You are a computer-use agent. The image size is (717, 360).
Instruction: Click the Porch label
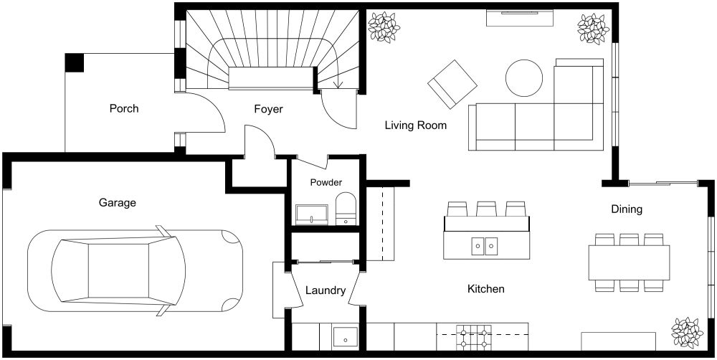tap(124, 109)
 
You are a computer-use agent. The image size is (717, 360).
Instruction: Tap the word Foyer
tap(268, 110)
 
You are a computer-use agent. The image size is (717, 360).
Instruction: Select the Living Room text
tap(416, 125)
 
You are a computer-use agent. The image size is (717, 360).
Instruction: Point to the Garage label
tap(118, 203)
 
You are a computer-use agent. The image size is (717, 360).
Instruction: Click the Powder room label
tap(326, 183)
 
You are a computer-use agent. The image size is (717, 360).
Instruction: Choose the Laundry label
tap(326, 291)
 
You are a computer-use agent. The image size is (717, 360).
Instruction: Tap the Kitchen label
tap(486, 289)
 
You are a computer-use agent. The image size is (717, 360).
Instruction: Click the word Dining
tap(626, 209)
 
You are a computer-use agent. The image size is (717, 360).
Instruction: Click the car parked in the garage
tap(134, 269)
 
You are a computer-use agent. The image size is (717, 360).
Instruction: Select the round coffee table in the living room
tap(524, 77)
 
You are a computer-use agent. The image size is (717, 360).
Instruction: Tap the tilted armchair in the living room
tap(452, 84)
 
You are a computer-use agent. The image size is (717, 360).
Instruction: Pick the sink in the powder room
tap(311, 214)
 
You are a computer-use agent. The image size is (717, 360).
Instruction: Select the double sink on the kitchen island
tap(484, 246)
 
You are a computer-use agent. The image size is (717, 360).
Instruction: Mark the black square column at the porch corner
tap(75, 62)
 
